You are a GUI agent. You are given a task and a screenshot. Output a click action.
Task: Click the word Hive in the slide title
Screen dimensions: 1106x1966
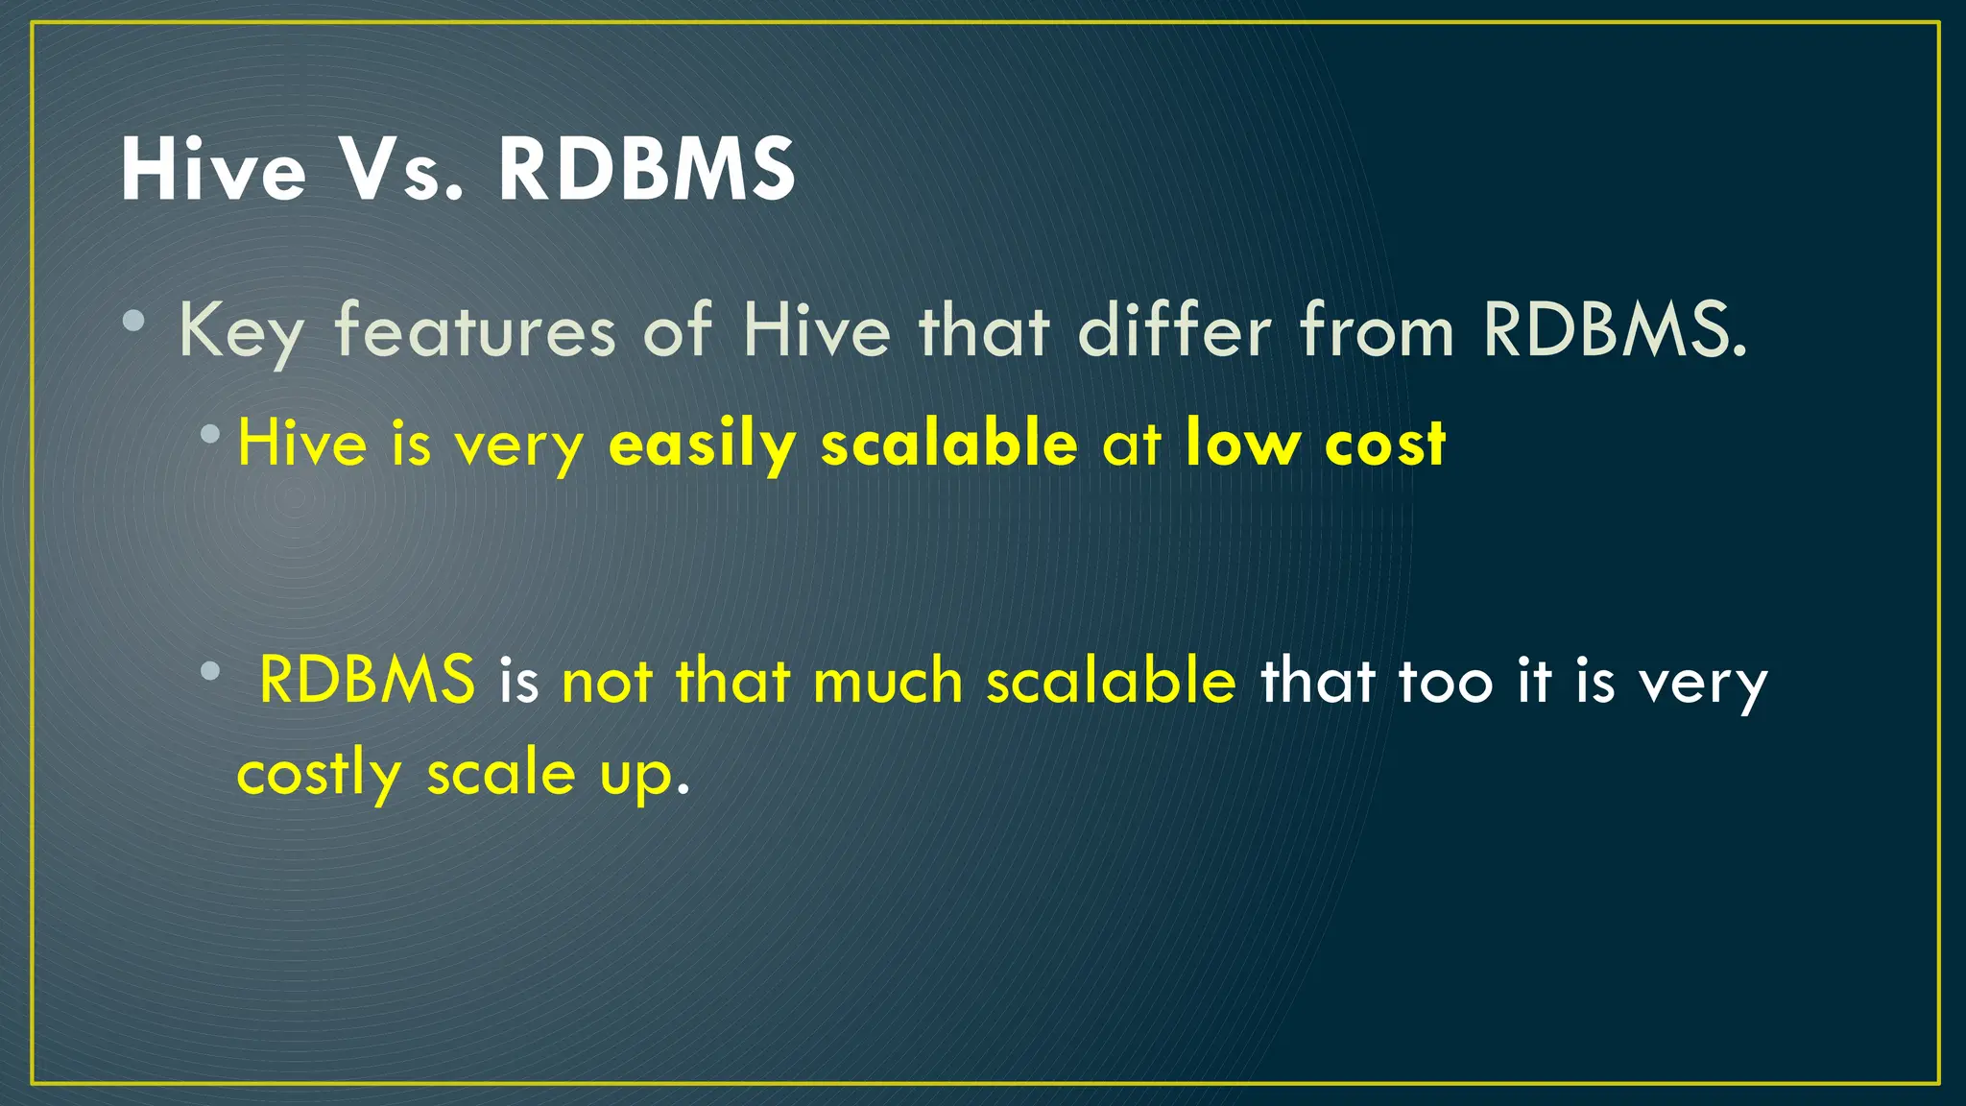pyautogui.click(x=213, y=170)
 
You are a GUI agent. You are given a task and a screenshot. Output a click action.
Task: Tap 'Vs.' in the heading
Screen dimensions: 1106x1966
pyautogui.click(x=403, y=170)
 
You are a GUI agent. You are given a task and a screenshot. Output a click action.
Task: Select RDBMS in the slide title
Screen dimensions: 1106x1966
pyautogui.click(x=646, y=170)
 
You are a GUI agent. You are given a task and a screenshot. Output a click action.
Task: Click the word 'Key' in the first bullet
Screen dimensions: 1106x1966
pyautogui.click(x=241, y=332)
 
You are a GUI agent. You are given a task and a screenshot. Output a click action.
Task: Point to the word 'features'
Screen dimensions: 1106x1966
pyautogui.click(x=475, y=330)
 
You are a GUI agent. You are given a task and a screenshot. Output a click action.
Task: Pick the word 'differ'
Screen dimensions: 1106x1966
pyautogui.click(x=1175, y=330)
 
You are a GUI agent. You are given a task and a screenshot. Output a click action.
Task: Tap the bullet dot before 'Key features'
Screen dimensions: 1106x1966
pyautogui.click(x=134, y=321)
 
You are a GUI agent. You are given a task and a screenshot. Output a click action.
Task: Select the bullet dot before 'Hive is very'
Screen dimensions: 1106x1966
pyautogui.click(x=210, y=434)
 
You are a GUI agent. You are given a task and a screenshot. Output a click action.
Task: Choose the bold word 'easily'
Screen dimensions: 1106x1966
pyautogui.click(x=703, y=445)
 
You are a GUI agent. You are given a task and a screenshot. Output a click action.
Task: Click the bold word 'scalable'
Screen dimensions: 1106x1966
pyautogui.click(x=949, y=444)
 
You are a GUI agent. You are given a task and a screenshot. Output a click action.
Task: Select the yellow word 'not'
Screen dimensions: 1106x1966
pyautogui.click(x=607, y=681)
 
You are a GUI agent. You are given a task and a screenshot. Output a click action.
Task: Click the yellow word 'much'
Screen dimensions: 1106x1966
pyautogui.click(x=887, y=681)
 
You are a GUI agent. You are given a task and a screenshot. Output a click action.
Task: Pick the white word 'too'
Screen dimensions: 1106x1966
pyautogui.click(x=1446, y=681)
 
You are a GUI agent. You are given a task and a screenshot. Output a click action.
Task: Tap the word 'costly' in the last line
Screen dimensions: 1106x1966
pyautogui.click(x=319, y=774)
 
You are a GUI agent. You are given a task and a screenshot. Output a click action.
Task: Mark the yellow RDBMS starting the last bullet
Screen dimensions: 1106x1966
pyautogui.click(x=367, y=680)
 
